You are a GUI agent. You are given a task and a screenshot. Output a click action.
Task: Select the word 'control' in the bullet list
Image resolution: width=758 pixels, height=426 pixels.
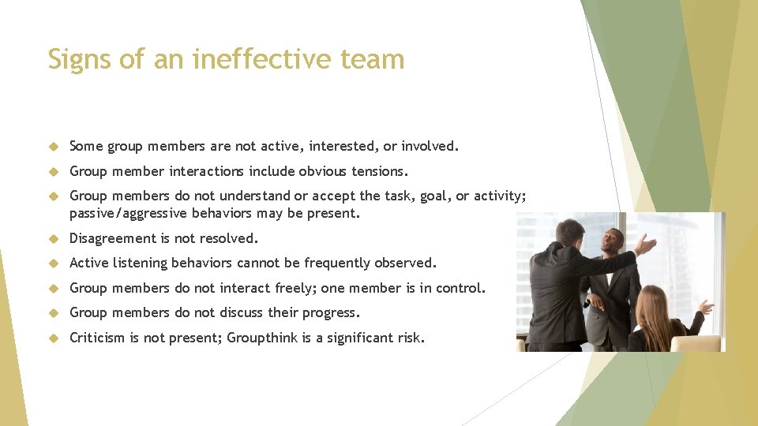click(456, 288)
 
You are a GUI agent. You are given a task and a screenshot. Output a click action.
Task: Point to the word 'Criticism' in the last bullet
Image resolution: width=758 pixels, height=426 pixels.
click(97, 338)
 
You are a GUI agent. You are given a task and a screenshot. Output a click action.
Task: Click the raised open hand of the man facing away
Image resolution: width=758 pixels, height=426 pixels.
click(648, 245)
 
